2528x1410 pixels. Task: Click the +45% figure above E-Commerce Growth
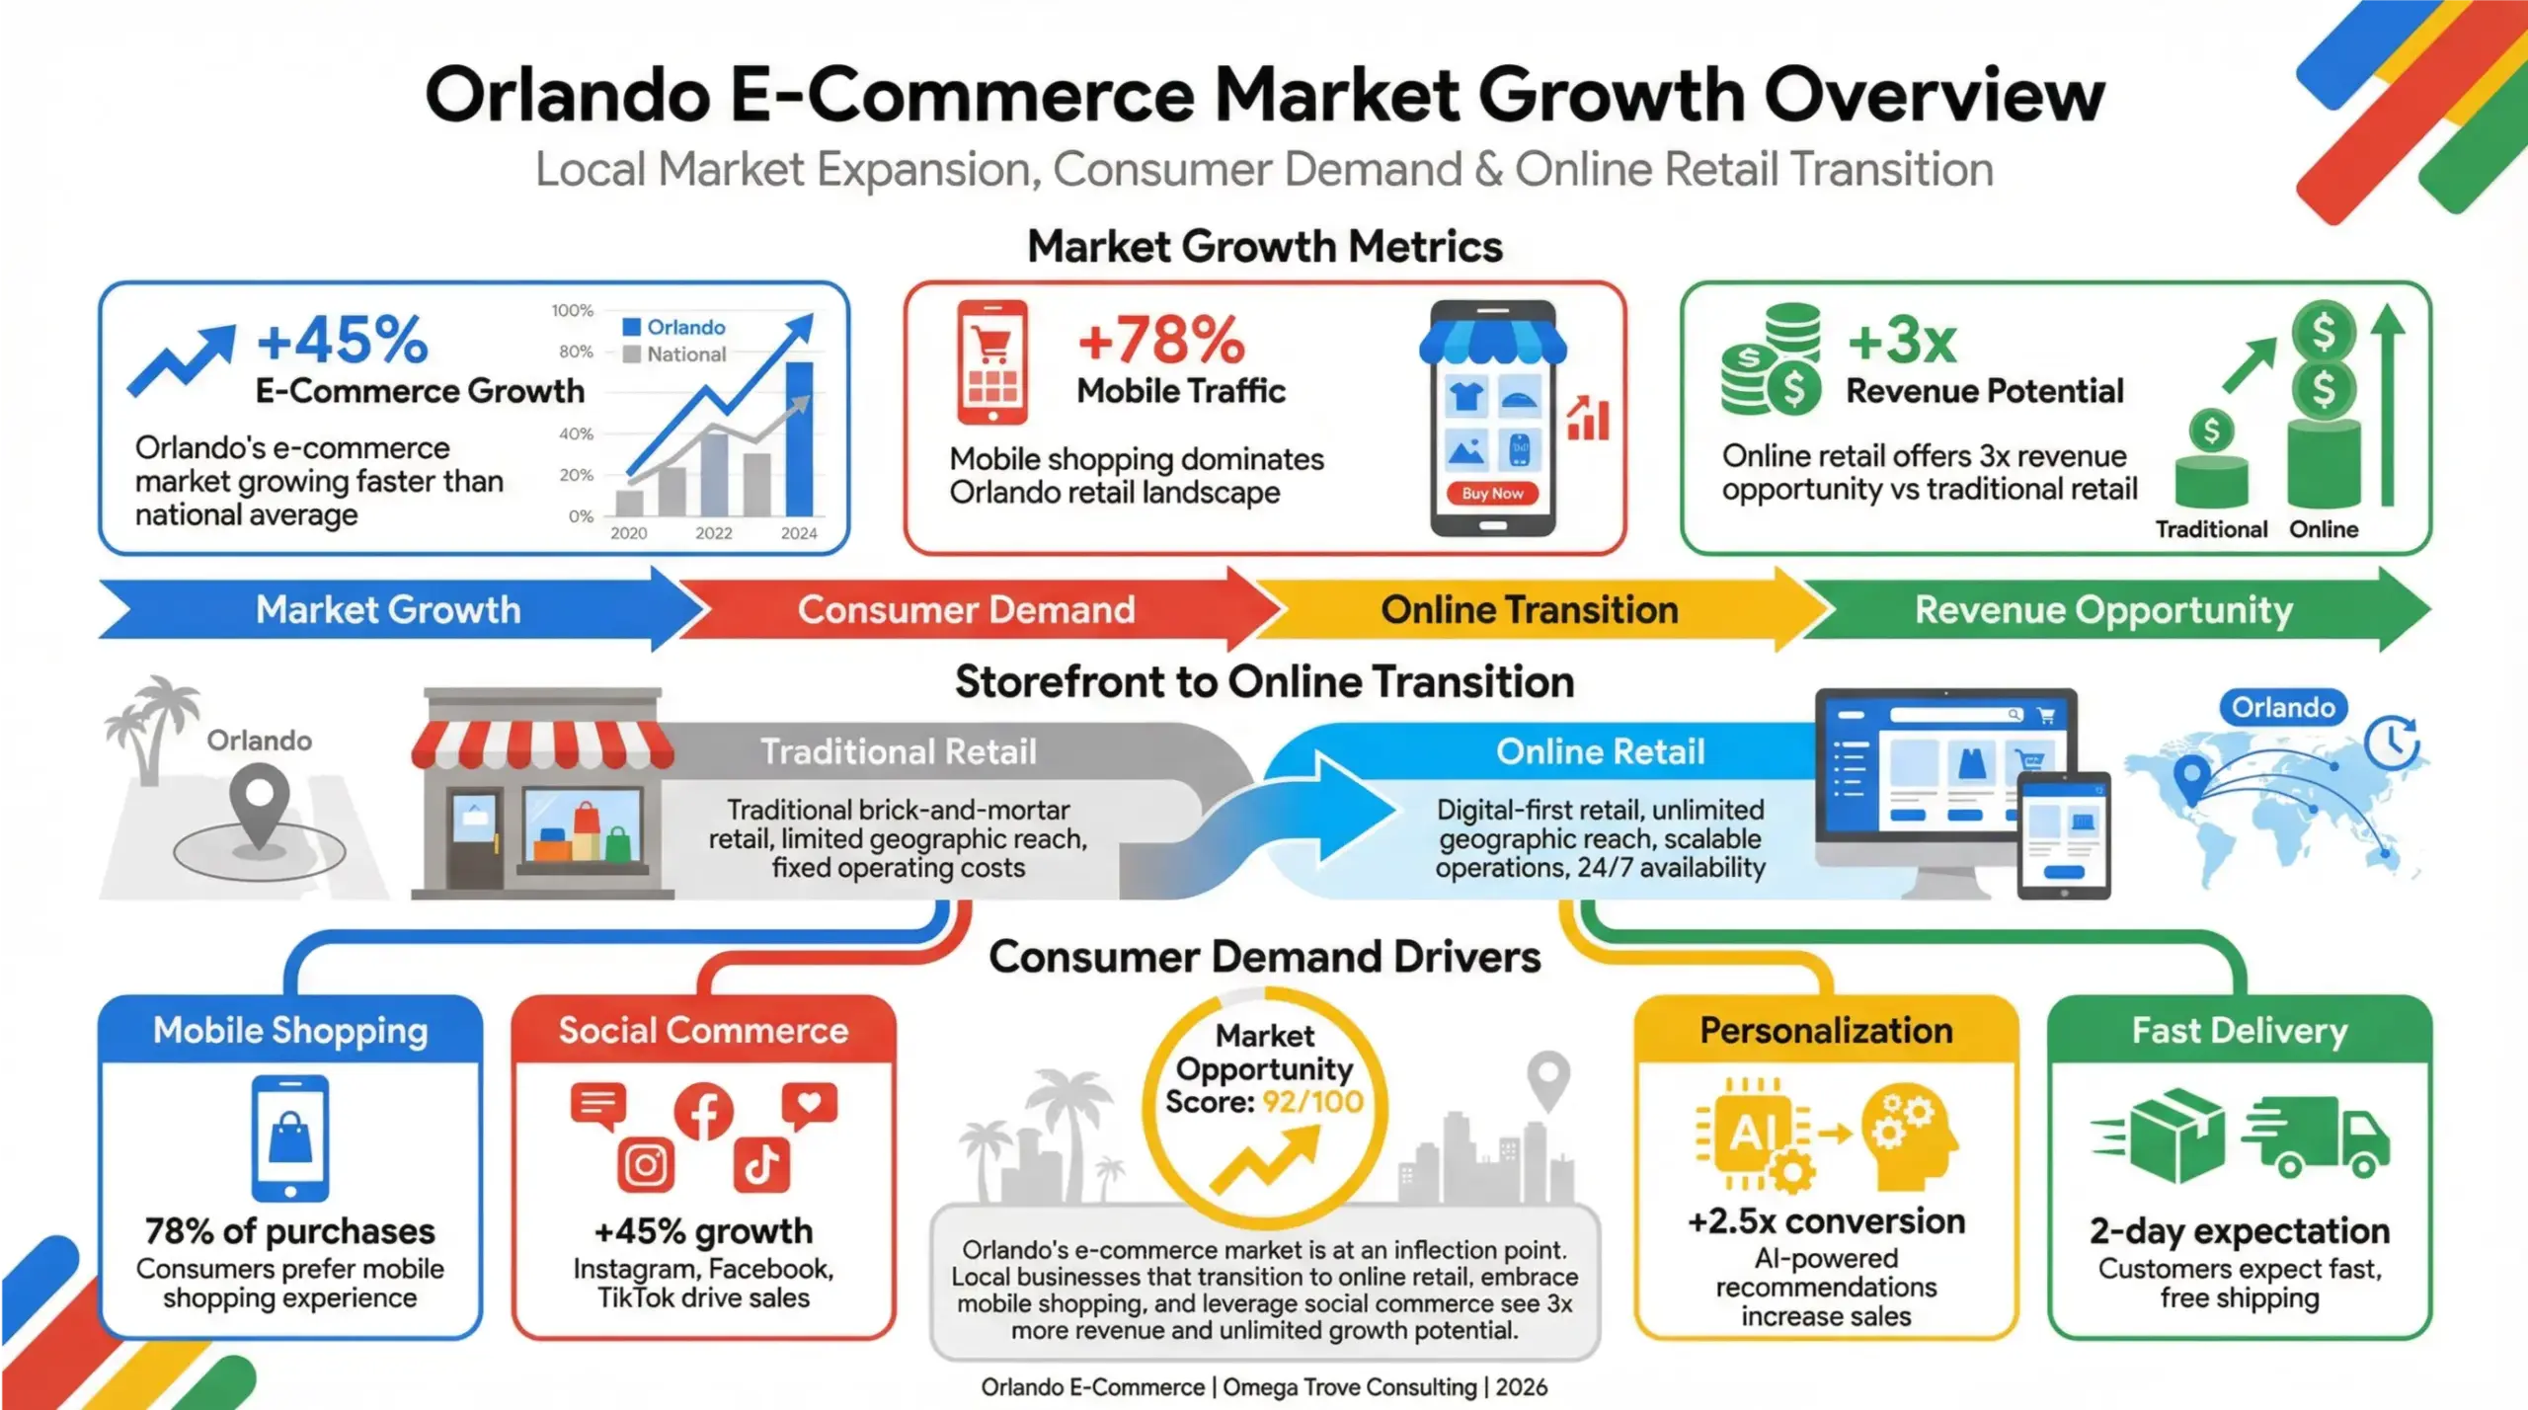(x=342, y=340)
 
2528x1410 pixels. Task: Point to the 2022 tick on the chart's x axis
(x=713, y=533)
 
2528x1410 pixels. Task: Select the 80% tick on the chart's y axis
(x=576, y=352)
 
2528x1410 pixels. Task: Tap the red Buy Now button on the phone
(x=1492, y=493)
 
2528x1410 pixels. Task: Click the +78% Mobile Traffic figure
(x=1161, y=340)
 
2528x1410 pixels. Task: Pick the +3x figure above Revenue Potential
(x=1902, y=340)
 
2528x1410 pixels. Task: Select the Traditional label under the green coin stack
(x=2211, y=529)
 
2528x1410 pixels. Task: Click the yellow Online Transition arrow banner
(x=1529, y=609)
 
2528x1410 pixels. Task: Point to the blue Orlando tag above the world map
(x=2283, y=707)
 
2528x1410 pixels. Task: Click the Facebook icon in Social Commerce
(x=703, y=1111)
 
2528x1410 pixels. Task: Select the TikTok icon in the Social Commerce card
(x=761, y=1165)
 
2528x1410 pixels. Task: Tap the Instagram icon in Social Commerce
(x=646, y=1165)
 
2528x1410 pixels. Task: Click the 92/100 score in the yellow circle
(x=1312, y=1101)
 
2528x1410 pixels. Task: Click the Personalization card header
(x=1826, y=1030)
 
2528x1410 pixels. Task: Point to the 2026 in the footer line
(x=1521, y=1387)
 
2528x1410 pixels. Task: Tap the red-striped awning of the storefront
(x=542, y=744)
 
